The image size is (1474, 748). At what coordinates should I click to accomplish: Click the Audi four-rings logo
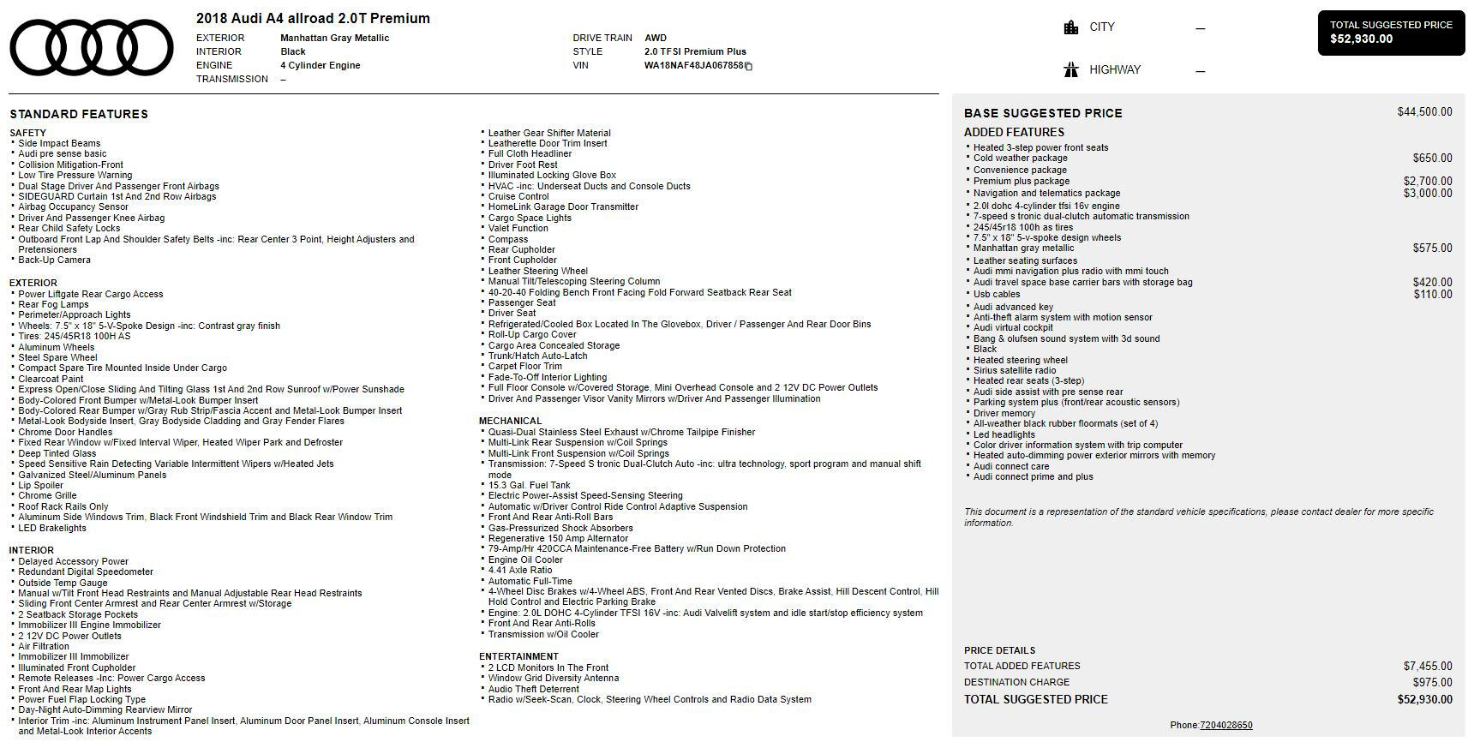[91, 47]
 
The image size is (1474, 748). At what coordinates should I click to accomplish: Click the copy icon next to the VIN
[748, 66]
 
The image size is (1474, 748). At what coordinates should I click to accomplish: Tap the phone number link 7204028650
[1225, 725]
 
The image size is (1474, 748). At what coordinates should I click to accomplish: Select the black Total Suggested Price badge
[1390, 33]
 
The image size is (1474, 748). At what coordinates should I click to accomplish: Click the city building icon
[1070, 27]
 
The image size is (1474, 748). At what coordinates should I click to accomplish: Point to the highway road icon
[1070, 70]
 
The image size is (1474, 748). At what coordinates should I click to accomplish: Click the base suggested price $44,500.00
[1424, 112]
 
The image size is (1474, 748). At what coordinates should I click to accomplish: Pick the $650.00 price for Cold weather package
[1432, 159]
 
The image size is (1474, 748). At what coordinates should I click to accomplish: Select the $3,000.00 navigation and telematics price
[1428, 194]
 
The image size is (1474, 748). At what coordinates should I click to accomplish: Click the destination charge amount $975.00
[1432, 683]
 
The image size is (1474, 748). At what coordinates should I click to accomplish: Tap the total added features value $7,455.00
[1428, 667]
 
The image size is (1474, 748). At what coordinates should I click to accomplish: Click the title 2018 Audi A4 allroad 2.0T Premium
[313, 18]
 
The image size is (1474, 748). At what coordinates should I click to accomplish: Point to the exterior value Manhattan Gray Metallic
[334, 38]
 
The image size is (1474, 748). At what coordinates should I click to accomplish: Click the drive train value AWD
[655, 38]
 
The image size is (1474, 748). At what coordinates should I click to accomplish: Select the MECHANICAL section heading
[510, 421]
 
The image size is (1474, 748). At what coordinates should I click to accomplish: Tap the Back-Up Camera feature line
[54, 260]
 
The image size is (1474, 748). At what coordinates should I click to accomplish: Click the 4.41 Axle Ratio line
[519, 570]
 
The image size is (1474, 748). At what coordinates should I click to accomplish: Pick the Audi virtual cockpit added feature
[1013, 327]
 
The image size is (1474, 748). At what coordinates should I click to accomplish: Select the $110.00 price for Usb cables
[1432, 295]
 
